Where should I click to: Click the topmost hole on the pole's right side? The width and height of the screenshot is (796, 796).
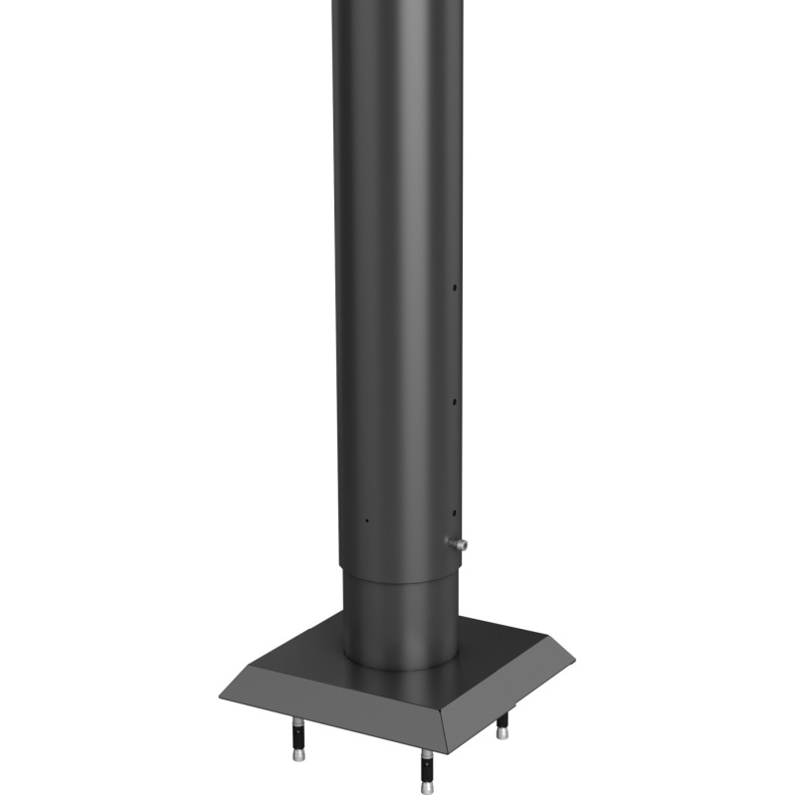[455, 289]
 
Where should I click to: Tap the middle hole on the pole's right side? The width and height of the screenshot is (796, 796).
[455, 402]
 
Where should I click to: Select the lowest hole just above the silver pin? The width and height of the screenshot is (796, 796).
[455, 513]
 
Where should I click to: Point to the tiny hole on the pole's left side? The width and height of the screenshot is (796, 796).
[366, 519]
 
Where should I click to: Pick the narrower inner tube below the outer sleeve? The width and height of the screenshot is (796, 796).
[401, 612]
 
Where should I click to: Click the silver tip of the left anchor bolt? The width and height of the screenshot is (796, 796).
[298, 755]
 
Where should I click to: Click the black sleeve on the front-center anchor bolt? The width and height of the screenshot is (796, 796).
[426, 767]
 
